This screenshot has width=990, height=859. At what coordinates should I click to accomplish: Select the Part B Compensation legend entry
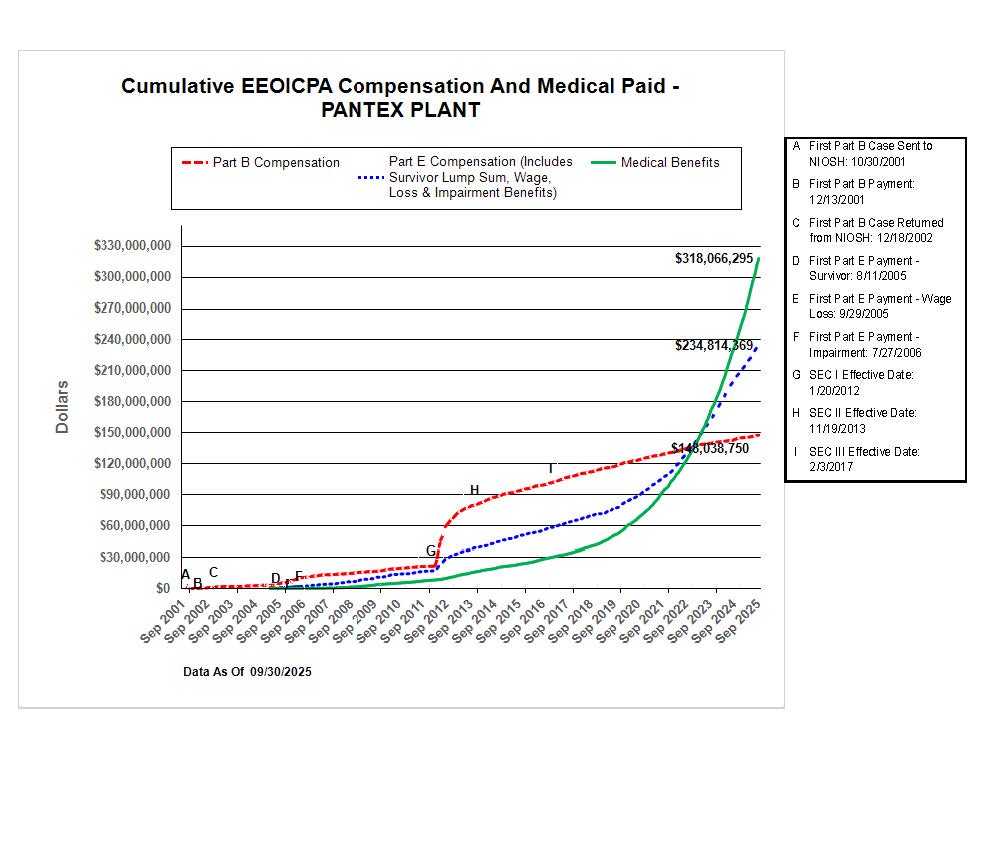click(276, 163)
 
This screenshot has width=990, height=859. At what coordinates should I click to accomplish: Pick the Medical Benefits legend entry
click(669, 163)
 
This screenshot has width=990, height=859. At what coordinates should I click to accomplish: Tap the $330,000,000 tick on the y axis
click(131, 246)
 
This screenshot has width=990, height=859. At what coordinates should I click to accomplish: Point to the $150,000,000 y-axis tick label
click(131, 433)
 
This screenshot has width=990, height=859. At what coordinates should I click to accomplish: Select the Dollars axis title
click(63, 406)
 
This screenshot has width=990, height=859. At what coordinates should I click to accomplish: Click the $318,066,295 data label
click(714, 259)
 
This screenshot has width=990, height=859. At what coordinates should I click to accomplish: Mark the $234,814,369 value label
click(714, 346)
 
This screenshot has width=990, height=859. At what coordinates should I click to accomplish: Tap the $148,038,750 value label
click(710, 449)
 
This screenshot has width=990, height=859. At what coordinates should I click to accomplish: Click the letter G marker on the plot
click(431, 551)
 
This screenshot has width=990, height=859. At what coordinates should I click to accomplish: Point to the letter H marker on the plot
click(474, 490)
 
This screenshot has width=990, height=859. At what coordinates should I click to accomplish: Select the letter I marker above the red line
click(550, 469)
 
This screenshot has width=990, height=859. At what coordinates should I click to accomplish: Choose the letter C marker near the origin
click(213, 573)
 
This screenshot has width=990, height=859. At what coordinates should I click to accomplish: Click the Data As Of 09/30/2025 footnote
click(248, 673)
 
